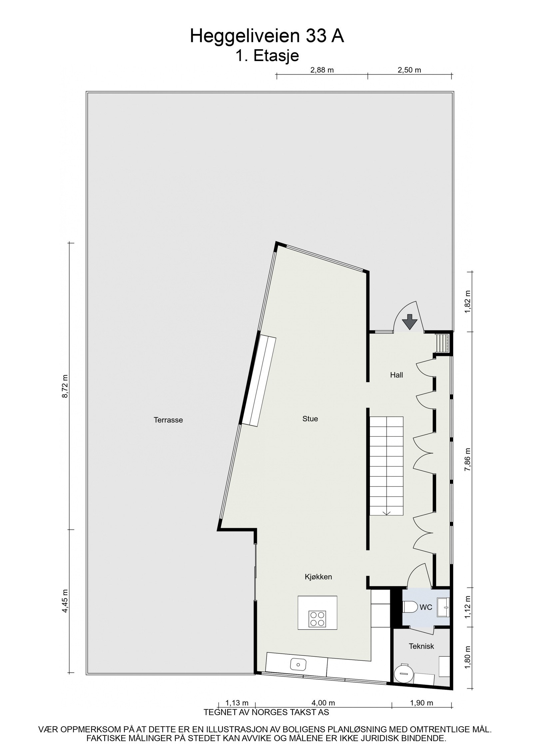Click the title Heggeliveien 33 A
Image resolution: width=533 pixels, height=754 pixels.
[266, 36]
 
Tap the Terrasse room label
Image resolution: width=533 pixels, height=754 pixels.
[168, 420]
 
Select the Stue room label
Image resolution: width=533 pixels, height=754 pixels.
[310, 419]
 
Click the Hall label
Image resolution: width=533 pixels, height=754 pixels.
[396, 375]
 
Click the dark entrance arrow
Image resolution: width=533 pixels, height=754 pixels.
[409, 321]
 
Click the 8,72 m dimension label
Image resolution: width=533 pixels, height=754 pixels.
[65, 386]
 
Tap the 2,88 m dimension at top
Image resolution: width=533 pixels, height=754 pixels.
[322, 70]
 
